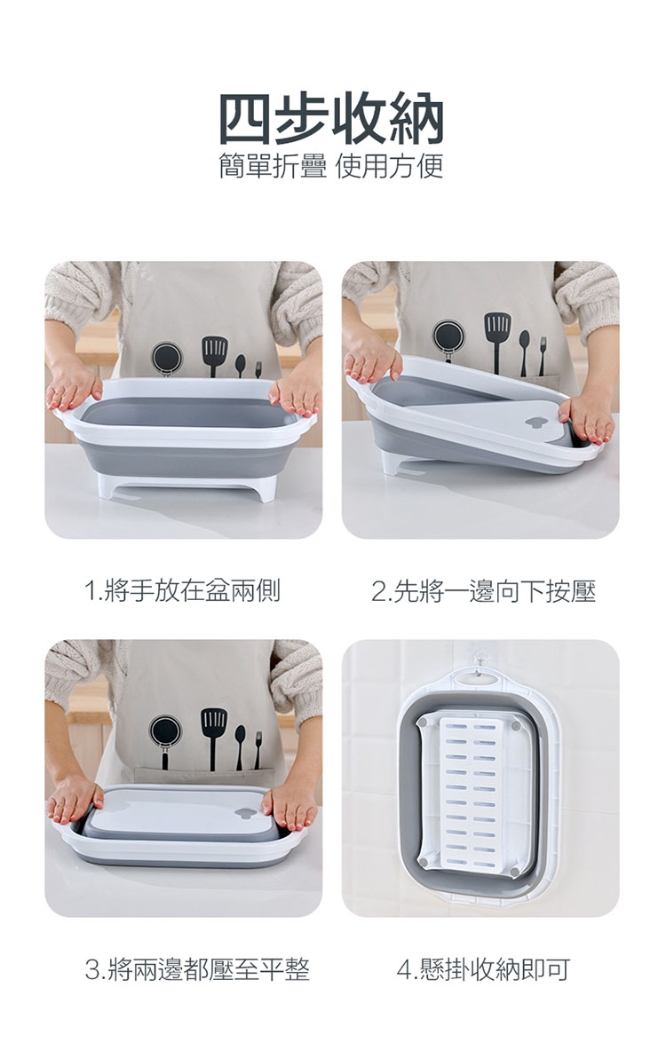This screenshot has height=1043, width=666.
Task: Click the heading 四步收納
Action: click(x=332, y=118)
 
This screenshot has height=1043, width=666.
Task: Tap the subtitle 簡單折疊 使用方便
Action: click(x=331, y=166)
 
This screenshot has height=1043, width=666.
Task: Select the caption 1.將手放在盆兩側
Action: click(x=183, y=590)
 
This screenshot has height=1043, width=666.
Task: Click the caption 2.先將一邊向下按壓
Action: click(x=484, y=590)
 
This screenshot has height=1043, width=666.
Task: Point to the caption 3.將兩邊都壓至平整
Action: click(x=198, y=969)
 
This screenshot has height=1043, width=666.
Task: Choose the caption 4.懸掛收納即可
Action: click(x=484, y=969)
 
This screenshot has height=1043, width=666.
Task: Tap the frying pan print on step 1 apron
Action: click(x=166, y=359)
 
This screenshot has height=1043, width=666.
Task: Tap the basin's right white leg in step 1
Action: click(x=264, y=486)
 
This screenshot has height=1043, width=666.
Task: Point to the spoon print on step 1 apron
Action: click(x=240, y=365)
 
